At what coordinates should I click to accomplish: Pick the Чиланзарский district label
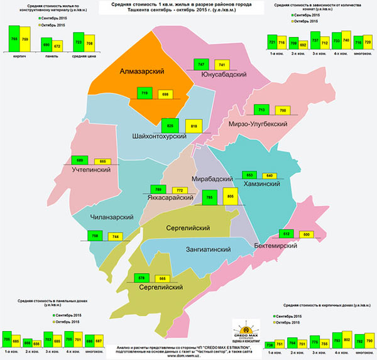pyautogui.click(x=112, y=217)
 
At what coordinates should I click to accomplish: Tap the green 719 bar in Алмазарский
pyautogui.click(x=145, y=93)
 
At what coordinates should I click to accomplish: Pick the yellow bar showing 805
pyautogui.click(x=230, y=197)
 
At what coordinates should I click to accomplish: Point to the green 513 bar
pyautogui.click(x=286, y=234)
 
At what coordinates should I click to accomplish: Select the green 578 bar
pyautogui.click(x=141, y=279)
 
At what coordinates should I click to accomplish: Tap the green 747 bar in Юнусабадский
pyautogui.click(x=200, y=65)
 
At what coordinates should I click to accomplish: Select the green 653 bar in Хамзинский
pyautogui.click(x=249, y=175)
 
